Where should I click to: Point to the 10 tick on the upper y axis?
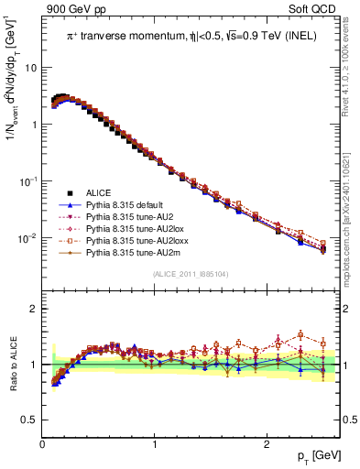pos(31,68)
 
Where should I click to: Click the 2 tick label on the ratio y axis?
pos(34,309)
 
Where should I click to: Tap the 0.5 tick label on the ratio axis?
pos(29,420)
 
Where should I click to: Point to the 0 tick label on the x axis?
pos(43,444)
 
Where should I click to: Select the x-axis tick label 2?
pos(266,444)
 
